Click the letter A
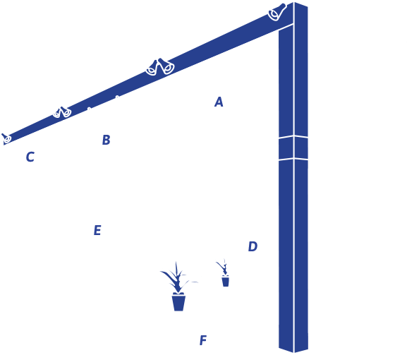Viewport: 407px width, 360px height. pos(219,102)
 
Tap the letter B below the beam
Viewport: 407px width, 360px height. pos(107,140)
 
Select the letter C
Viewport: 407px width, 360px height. pos(30,157)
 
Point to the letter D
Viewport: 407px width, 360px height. pos(253,246)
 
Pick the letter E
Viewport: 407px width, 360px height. pos(97,230)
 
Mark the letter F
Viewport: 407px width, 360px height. pos(203,340)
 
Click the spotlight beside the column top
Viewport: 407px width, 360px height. pos(277,12)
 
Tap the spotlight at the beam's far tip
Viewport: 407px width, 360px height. pos(6,138)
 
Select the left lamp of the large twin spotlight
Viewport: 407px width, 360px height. pos(152,68)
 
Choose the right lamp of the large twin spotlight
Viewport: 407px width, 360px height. pos(166,66)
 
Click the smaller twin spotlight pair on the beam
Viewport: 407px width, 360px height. pos(62,112)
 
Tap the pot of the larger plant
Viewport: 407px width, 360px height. pos(178,301)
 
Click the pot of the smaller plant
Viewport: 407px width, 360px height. pos(225,282)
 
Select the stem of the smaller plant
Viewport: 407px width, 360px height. pos(223,268)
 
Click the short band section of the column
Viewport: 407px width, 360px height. pos(293,148)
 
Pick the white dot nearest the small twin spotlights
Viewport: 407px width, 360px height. pos(89,108)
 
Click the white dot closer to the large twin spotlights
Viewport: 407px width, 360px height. pos(117,97)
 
